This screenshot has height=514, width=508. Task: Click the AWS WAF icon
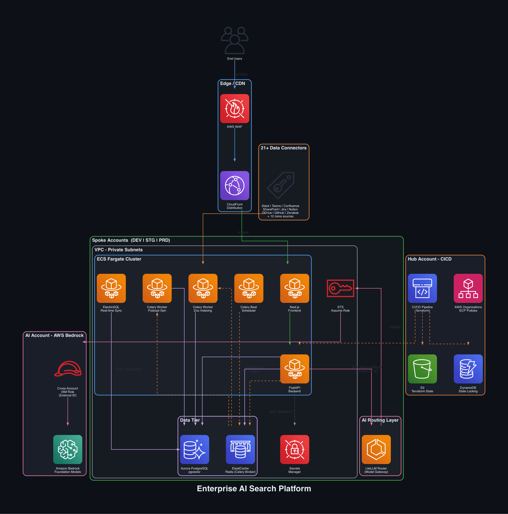tap(234, 109)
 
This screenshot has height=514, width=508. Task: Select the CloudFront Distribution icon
tap(234, 186)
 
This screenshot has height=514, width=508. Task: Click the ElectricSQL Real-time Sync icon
tap(111, 288)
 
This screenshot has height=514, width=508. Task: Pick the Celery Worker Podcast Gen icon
tap(157, 288)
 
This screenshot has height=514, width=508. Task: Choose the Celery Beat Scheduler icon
tap(248, 288)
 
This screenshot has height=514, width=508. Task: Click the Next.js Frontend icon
tap(295, 288)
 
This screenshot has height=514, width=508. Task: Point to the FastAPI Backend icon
tap(295, 369)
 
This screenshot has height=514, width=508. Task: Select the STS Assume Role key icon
tap(340, 288)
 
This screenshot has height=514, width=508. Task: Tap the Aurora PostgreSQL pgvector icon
tap(194, 449)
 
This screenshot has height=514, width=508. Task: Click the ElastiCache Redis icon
tap(240, 449)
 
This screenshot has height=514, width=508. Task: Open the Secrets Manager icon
tap(295, 449)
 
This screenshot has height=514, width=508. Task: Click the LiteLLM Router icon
tap(376, 449)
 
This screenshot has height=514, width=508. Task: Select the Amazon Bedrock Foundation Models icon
tap(68, 449)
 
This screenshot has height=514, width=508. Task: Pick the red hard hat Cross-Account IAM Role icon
tap(68, 369)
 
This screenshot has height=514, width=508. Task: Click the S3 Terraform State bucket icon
tap(422, 369)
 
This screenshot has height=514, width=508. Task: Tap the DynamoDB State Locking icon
tap(468, 369)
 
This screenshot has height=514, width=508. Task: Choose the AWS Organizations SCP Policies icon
tap(468, 288)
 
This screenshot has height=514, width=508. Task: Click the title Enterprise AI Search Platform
tap(254, 488)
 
